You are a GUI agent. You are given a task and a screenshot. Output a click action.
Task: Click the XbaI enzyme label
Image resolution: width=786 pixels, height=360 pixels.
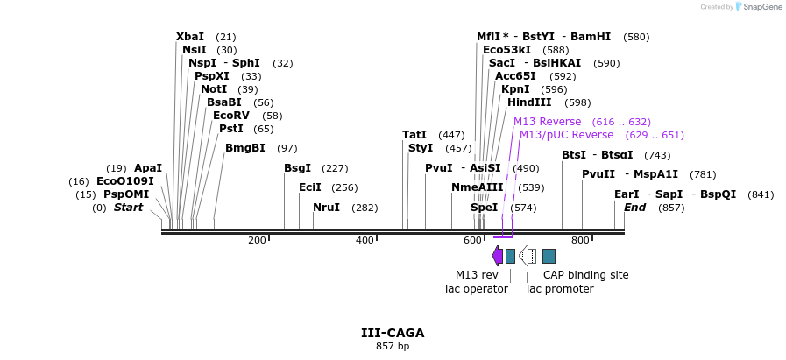coord(190,37)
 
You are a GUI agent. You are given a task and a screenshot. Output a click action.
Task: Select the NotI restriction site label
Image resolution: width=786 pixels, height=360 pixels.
coord(214,89)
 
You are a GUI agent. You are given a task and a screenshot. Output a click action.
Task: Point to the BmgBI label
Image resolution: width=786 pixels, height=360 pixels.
coord(245,148)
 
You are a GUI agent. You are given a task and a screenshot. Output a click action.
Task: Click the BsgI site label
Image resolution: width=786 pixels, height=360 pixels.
coord(297,168)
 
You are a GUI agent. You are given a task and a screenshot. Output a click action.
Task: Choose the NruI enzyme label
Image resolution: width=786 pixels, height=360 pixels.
coord(327,208)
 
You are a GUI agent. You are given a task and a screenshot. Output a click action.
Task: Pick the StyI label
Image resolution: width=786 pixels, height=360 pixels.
coord(421,148)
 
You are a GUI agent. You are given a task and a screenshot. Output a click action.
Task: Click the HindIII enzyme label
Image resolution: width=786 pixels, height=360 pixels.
coord(529,102)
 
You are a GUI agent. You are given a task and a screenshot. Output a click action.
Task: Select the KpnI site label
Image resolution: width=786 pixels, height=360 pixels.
coord(515,89)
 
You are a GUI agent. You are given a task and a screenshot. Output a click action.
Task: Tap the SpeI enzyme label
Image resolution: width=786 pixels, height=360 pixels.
coord(484,208)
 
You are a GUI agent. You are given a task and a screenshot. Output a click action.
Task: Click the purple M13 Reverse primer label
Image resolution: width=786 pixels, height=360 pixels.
coord(547,122)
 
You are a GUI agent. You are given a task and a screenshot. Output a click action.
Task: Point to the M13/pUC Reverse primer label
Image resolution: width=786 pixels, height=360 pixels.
coord(566,135)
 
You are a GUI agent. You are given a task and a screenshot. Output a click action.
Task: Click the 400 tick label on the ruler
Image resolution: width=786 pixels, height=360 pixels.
coord(365,240)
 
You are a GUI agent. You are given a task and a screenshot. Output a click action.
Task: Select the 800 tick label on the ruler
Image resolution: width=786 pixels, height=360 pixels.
coord(580,240)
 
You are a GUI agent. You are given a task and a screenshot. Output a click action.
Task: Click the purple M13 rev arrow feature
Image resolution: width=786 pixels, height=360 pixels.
coord(498,255)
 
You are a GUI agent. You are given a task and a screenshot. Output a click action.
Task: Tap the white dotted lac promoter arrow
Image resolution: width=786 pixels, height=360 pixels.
coord(528,255)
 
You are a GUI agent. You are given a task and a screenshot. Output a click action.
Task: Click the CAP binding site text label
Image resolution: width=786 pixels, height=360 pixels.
coord(585,275)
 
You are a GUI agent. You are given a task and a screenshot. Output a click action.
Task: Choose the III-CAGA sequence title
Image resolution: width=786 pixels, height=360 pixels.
coord(393,333)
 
